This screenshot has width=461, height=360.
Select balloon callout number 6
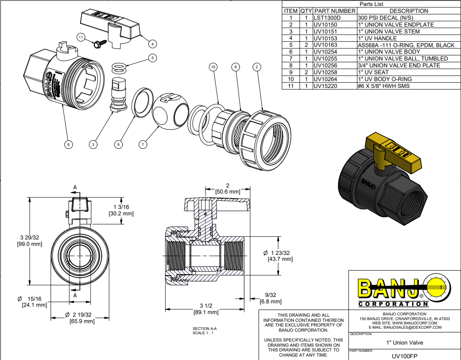click(68, 145)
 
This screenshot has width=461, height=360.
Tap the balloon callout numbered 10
click(213, 67)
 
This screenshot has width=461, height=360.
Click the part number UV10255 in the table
click(325, 58)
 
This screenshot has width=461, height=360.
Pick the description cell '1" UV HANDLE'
click(377, 38)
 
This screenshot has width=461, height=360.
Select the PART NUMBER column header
click(334, 11)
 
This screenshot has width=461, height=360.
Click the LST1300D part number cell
click(327, 18)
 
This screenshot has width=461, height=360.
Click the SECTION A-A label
click(205, 329)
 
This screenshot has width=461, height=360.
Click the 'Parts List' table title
click(371, 4)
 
